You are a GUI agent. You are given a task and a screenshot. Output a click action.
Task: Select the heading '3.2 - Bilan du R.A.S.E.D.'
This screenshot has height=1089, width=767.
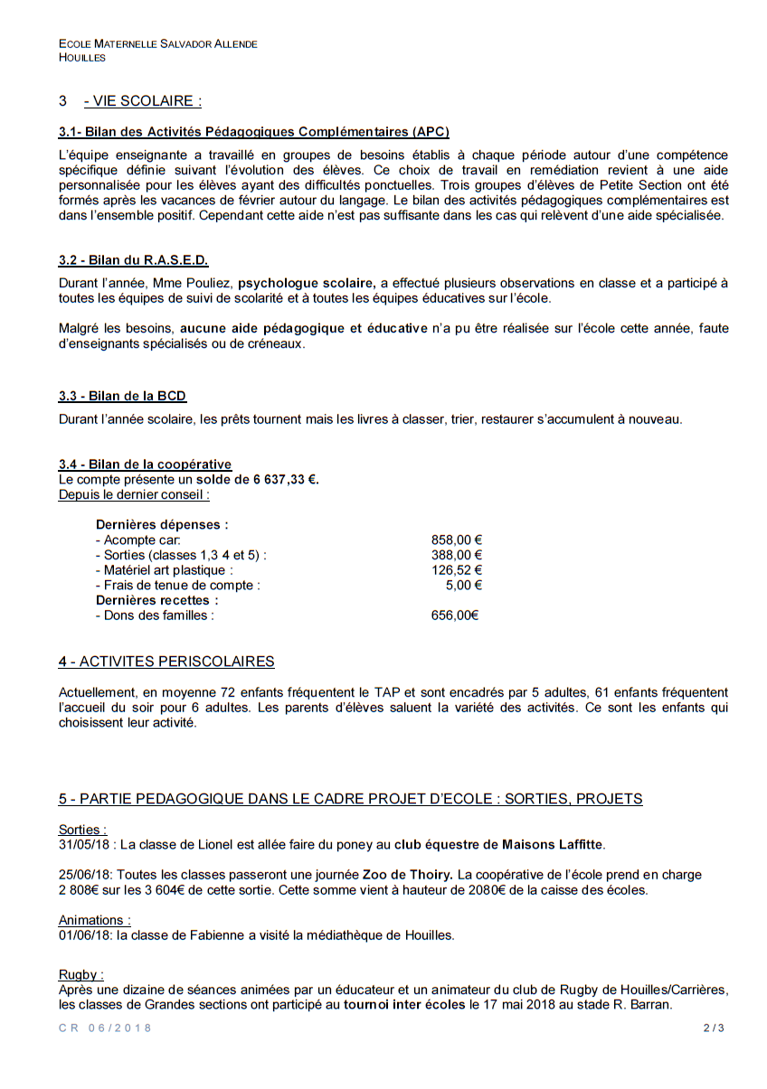[133, 260]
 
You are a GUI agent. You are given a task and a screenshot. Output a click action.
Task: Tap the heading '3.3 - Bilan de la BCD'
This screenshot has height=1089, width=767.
[122, 396]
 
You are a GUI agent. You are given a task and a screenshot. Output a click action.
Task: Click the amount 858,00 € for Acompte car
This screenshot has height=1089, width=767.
[456, 540]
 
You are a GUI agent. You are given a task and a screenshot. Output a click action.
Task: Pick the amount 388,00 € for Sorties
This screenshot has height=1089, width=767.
[456, 555]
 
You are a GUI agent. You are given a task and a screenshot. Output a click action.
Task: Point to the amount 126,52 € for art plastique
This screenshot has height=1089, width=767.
[456, 570]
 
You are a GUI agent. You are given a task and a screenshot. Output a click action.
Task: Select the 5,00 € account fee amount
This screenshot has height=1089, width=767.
[463, 585]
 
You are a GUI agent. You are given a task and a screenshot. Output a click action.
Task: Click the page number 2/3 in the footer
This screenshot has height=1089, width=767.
[714, 1028]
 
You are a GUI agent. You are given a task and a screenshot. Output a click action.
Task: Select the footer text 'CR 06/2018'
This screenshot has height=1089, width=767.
[106, 1028]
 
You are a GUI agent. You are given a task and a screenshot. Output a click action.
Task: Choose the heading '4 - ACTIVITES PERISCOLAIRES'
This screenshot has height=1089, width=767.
[166, 662]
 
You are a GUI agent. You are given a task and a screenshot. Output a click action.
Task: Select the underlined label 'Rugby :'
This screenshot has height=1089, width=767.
[81, 974]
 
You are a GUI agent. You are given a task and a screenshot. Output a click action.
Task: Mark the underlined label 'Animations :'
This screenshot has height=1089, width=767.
[95, 920]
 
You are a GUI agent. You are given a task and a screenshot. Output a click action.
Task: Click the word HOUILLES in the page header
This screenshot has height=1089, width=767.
[82, 57]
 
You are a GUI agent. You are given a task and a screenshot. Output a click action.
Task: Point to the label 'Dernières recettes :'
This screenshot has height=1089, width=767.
[156, 600]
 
